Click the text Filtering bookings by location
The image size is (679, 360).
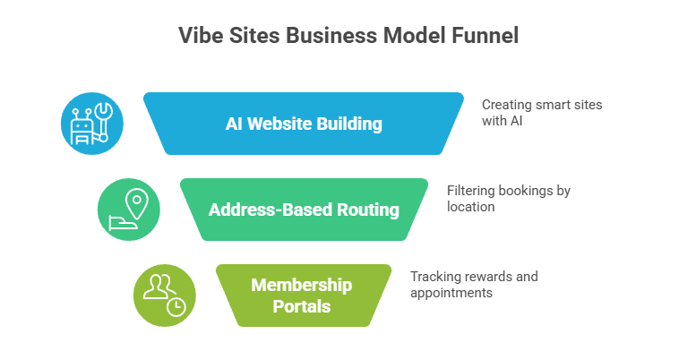508,198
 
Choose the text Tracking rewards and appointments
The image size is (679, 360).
474,284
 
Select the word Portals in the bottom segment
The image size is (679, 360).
303,306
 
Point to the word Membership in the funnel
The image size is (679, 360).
303,286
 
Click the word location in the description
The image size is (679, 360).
470,206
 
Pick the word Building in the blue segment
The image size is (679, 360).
352,124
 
